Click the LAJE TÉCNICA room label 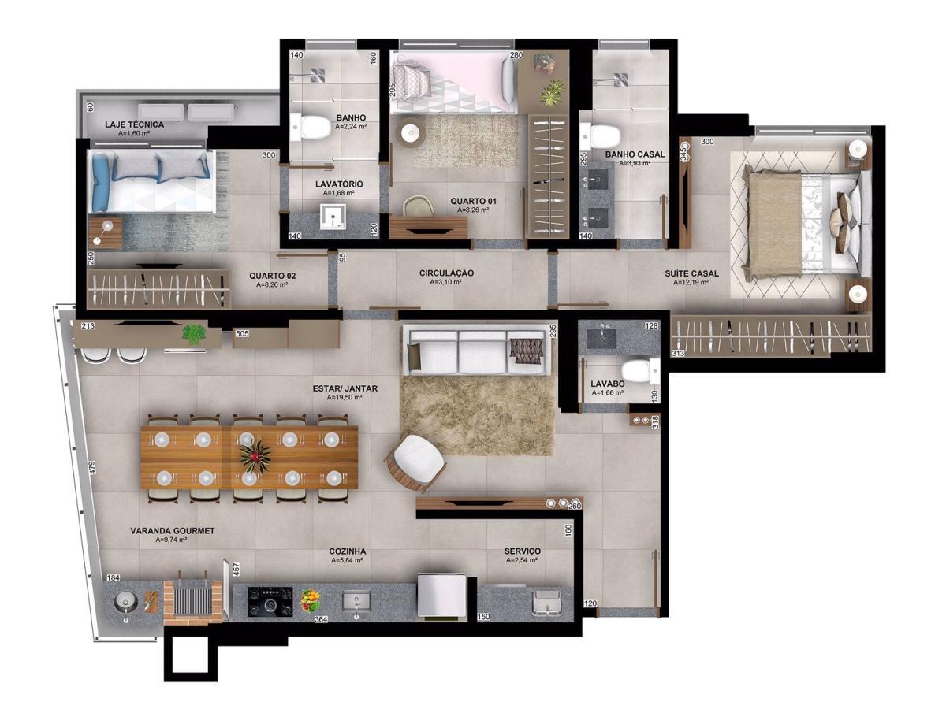pos(135,124)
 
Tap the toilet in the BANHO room pos(315,127)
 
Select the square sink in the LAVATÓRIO pos(333,216)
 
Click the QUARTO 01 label pos(473,202)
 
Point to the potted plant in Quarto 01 pos(552,91)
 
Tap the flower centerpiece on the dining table pos(255,455)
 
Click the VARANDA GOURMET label pos(172,531)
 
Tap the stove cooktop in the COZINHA pos(270,602)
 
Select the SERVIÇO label pos(522,551)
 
